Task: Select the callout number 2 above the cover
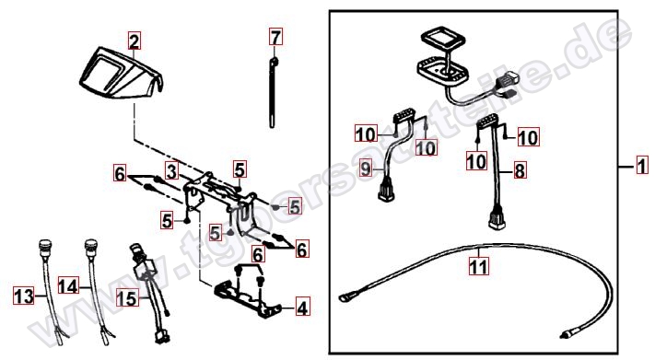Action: click(135, 41)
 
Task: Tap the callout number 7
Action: click(276, 38)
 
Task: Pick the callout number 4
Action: click(302, 308)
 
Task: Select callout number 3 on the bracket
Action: click(171, 170)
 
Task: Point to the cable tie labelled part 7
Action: click(275, 92)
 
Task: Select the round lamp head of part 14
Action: click(91, 246)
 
